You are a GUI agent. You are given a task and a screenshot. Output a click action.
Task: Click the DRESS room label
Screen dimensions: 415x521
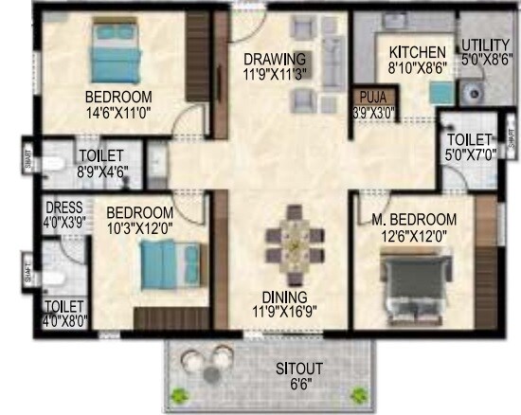pyautogui.click(x=63, y=207)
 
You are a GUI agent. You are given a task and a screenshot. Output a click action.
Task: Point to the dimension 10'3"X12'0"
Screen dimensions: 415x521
pyautogui.click(x=139, y=227)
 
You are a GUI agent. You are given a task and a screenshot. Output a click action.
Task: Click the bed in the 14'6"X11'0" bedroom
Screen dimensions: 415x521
pyautogui.click(x=119, y=52)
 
